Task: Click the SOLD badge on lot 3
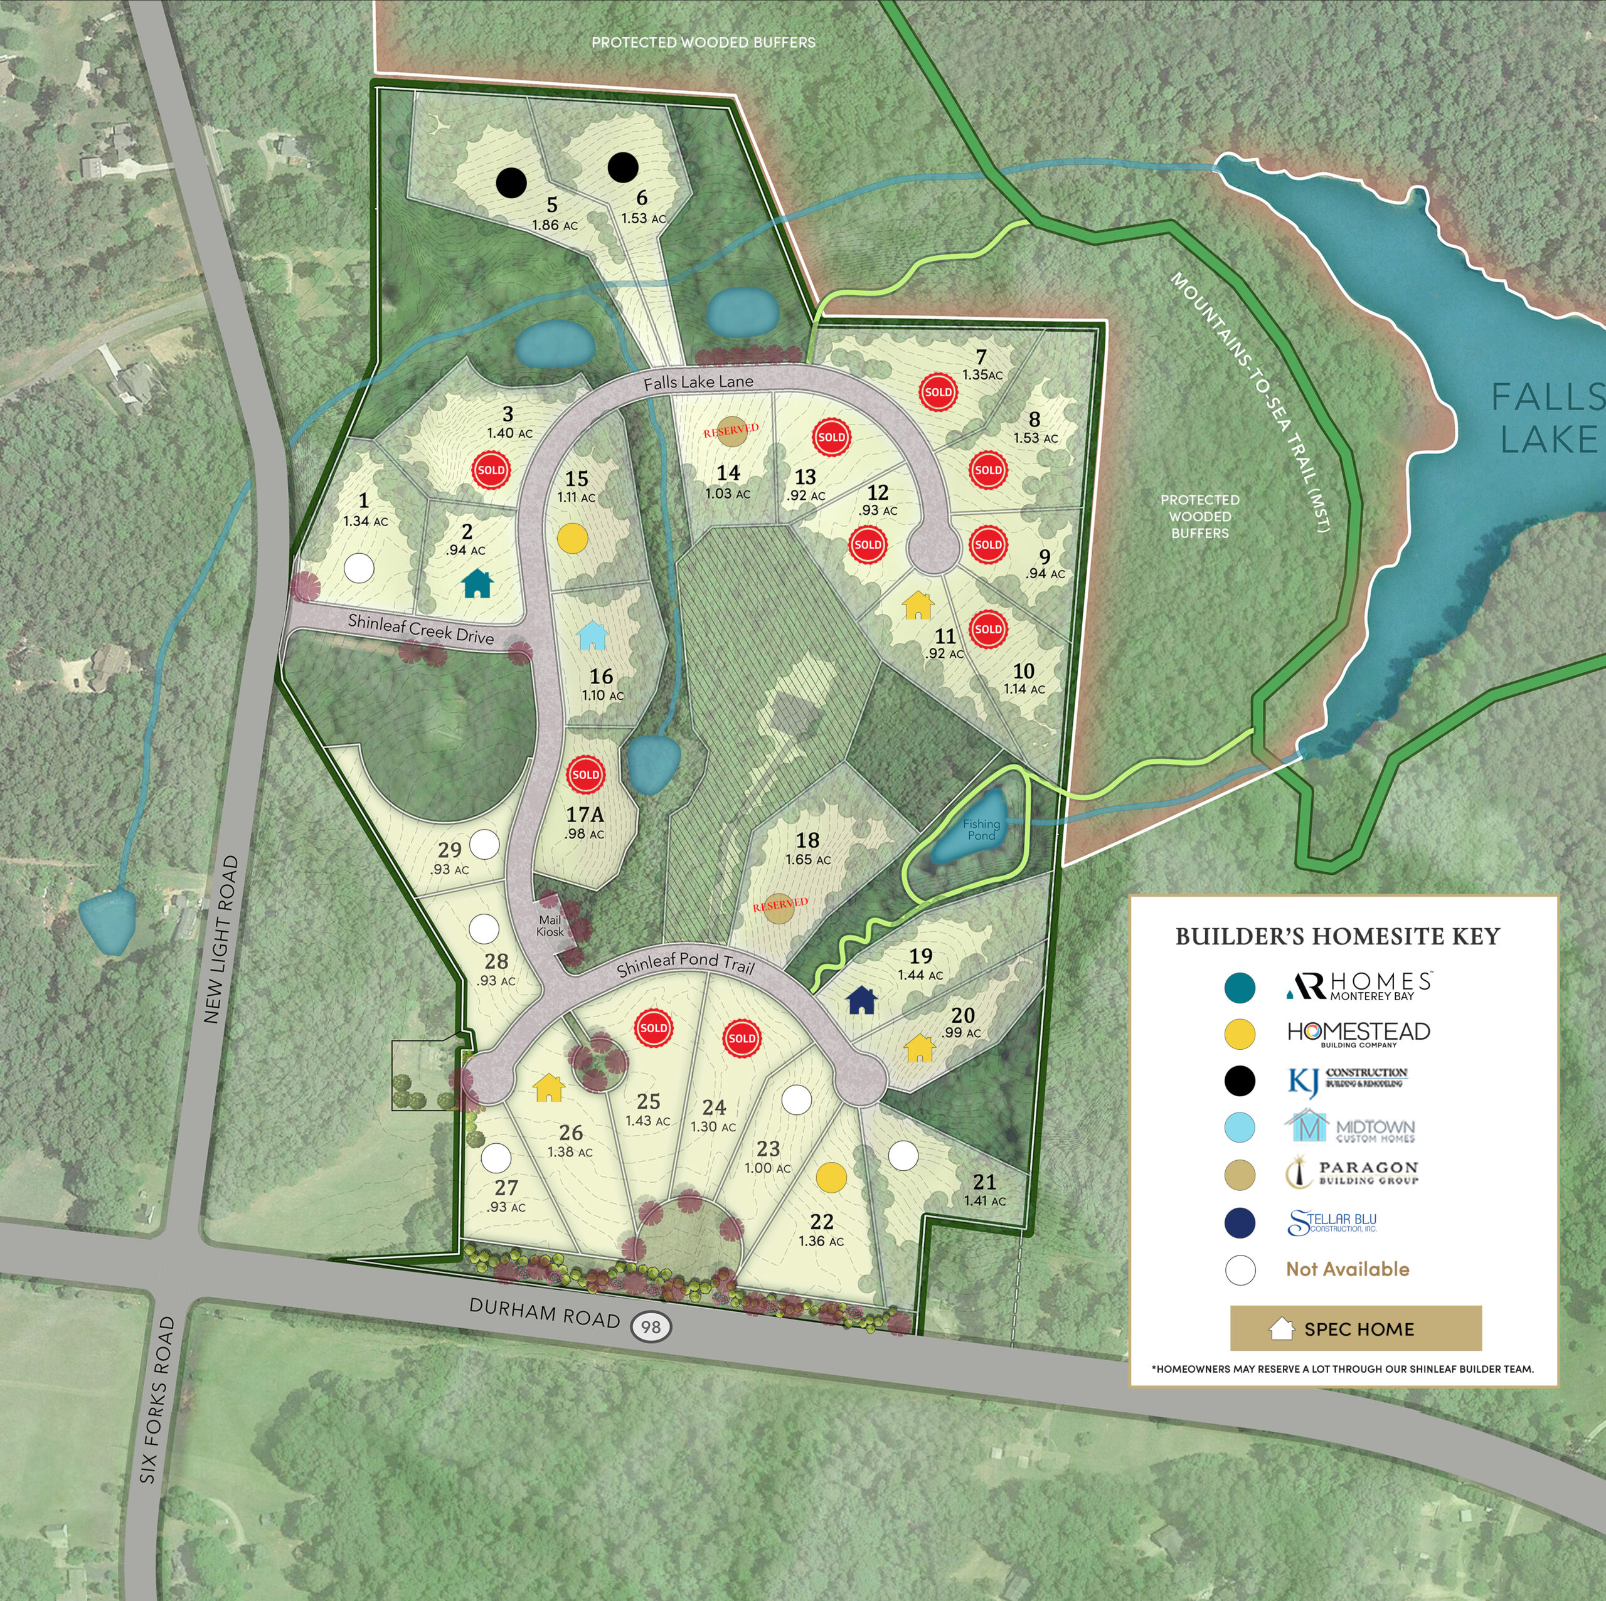(491, 470)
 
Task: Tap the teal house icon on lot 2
(477, 583)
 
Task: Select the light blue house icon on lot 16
(592, 636)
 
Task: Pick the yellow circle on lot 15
(572, 539)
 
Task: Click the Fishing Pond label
(981, 829)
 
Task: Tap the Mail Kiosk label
(550, 926)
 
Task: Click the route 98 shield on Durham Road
(651, 1327)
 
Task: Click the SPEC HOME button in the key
(1355, 1329)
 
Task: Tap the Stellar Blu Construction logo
(1332, 1223)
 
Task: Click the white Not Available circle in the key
(1240, 1271)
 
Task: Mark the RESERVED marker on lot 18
(780, 908)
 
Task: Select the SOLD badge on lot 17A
(585, 774)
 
